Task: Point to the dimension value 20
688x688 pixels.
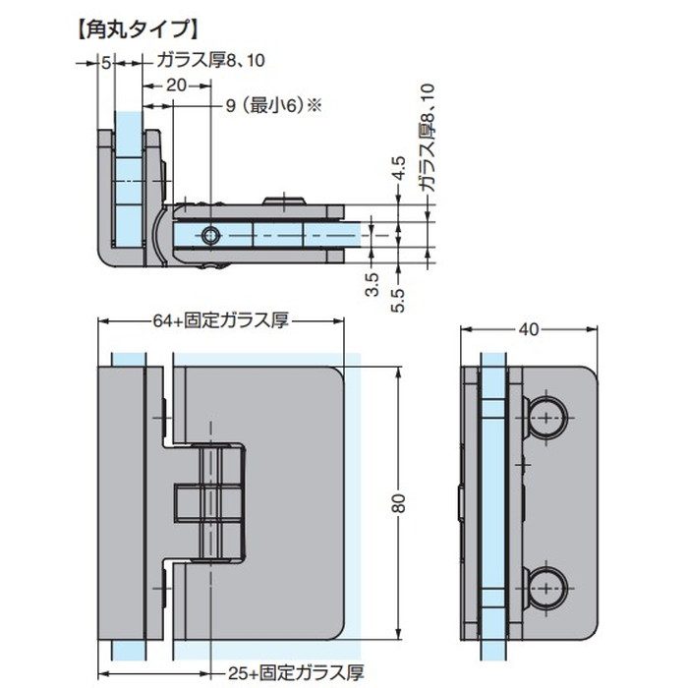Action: (x=176, y=86)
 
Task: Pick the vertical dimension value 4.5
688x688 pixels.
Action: (x=398, y=169)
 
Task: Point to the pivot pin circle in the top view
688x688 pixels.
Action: (x=210, y=235)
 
